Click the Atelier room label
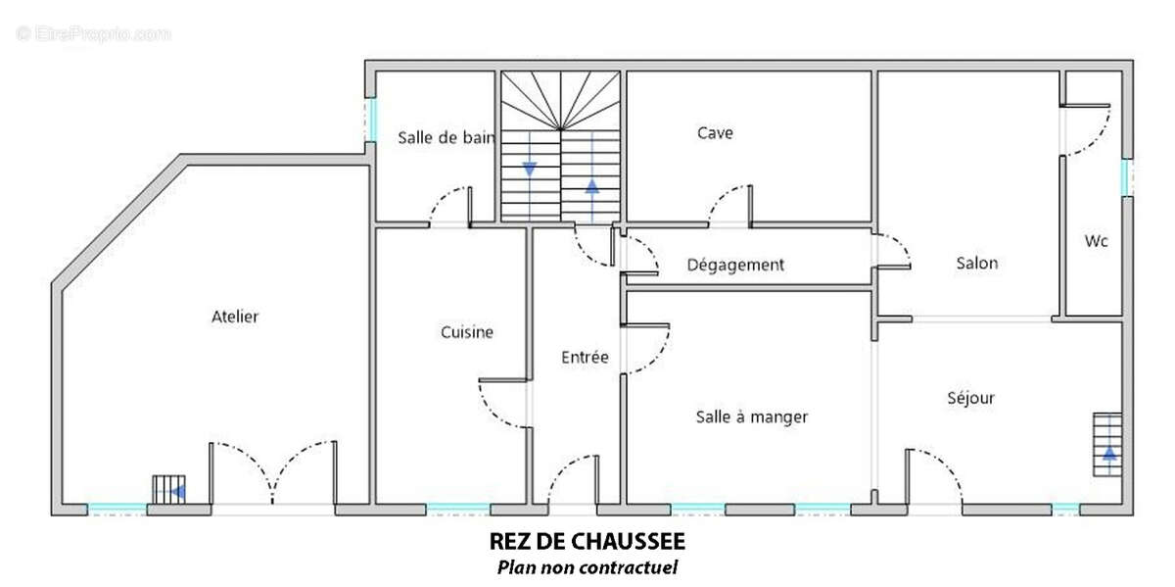pyautogui.click(x=235, y=317)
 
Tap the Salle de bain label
pyautogui.click(x=446, y=138)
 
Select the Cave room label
pyautogui.click(x=715, y=132)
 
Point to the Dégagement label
pyautogui.click(x=735, y=265)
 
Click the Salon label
pyautogui.click(x=976, y=263)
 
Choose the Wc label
pyautogui.click(x=1096, y=241)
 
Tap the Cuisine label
pyautogui.click(x=466, y=332)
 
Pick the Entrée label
pyautogui.click(x=585, y=357)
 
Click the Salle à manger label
pyautogui.click(x=751, y=416)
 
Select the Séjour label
pyautogui.click(x=970, y=397)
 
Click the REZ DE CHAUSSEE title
pyautogui.click(x=587, y=542)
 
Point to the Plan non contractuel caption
pyautogui.click(x=587, y=566)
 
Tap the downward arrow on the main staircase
pyautogui.click(x=530, y=169)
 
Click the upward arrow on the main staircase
pyautogui.click(x=591, y=185)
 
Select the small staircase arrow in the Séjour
pyautogui.click(x=1108, y=454)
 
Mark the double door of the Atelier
pyautogui.click(x=273, y=475)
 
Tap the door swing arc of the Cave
pyautogui.click(x=729, y=201)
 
